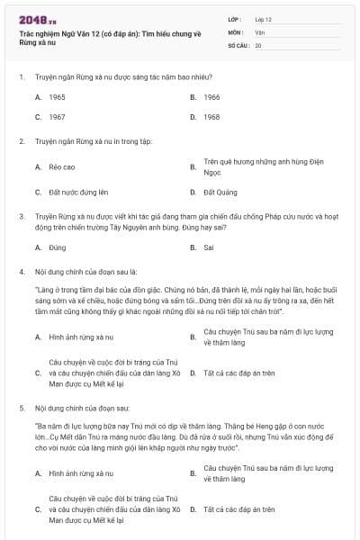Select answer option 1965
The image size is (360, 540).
(x=57, y=96)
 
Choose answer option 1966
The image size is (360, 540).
(x=211, y=96)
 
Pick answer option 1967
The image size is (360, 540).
(x=57, y=117)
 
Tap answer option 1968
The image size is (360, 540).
(x=211, y=117)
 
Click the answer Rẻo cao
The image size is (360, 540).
(x=62, y=166)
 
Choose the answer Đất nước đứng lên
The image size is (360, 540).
(x=78, y=192)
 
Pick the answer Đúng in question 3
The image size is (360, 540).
(x=58, y=247)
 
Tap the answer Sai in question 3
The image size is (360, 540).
(x=209, y=247)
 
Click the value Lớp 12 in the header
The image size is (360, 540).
(x=264, y=18)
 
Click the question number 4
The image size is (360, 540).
(x=21, y=271)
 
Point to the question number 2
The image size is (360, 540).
(x=21, y=141)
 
